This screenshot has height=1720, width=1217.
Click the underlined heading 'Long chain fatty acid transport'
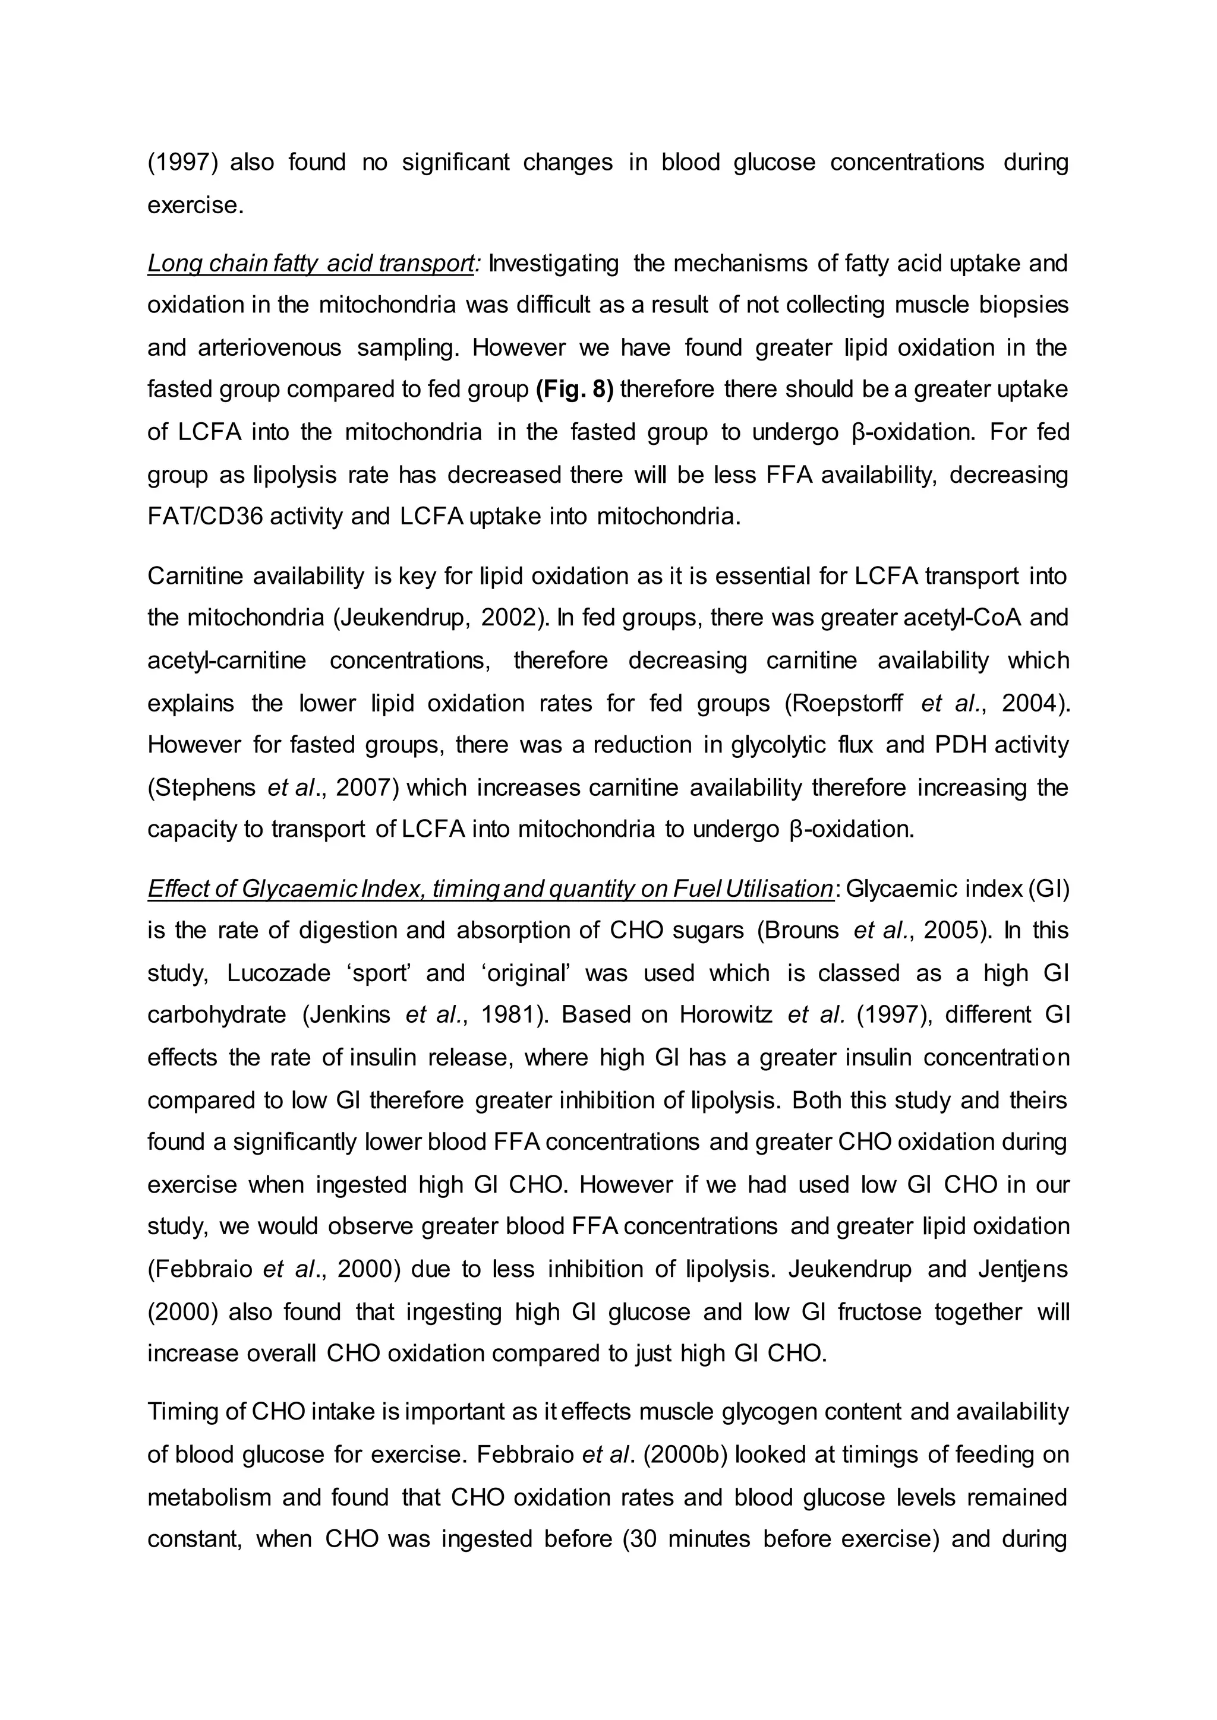(310, 264)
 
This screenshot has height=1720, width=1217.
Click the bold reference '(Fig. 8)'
(575, 390)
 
